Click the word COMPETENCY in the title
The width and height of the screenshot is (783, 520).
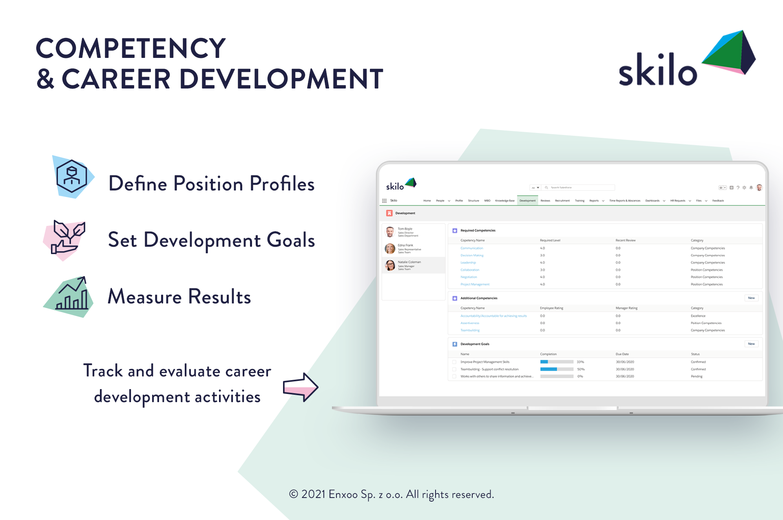pyautogui.click(x=130, y=48)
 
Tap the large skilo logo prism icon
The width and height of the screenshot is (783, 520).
pyautogui.click(x=730, y=52)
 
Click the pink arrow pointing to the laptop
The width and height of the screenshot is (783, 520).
pyautogui.click(x=301, y=387)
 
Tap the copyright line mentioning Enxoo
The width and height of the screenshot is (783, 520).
pyautogui.click(x=391, y=494)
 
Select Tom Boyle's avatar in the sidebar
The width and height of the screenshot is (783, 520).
pyautogui.click(x=390, y=232)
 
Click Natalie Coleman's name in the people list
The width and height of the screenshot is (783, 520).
pyautogui.click(x=409, y=262)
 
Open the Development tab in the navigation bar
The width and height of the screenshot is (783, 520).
pyautogui.click(x=527, y=201)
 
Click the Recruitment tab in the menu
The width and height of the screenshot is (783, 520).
pyautogui.click(x=562, y=201)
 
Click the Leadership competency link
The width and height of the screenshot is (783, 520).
pyautogui.click(x=468, y=263)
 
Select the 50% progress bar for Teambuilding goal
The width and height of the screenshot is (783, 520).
pyautogui.click(x=557, y=369)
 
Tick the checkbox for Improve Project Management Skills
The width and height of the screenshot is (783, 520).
pyautogui.click(x=454, y=362)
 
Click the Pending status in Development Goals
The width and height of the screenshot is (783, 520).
pyautogui.click(x=697, y=376)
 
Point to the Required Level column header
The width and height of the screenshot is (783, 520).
pyautogui.click(x=550, y=240)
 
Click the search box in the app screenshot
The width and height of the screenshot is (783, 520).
pyautogui.click(x=579, y=188)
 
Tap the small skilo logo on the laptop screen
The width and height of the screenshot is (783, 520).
pyautogui.click(x=401, y=185)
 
